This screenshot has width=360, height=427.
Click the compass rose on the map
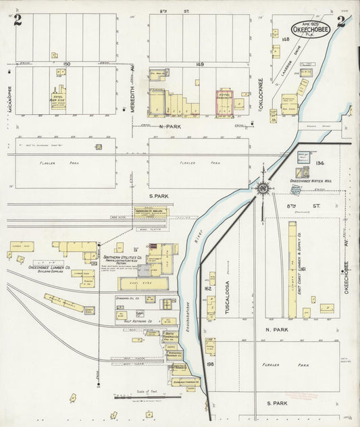coord(263,188)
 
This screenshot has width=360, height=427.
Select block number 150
coord(66,64)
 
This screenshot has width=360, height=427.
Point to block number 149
coord(200,64)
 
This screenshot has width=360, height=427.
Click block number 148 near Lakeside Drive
coord(285,39)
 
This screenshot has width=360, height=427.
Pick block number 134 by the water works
coord(319,163)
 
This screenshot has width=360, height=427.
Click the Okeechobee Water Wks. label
coord(309,181)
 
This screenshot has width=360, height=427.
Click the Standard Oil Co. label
coord(127,297)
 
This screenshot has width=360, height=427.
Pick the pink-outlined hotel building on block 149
coord(224,100)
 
